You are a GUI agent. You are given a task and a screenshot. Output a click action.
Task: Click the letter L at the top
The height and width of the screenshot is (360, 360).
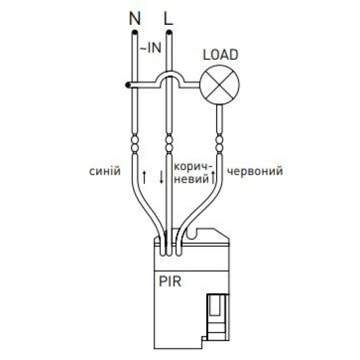(168, 18)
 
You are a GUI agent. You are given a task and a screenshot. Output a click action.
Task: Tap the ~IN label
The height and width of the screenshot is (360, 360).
(151, 48)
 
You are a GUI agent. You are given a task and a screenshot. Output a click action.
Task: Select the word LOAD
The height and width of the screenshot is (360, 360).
(221, 54)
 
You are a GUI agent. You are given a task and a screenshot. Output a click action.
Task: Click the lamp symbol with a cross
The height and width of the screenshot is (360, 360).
(220, 84)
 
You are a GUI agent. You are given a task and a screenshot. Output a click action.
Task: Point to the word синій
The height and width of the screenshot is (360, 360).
(105, 171)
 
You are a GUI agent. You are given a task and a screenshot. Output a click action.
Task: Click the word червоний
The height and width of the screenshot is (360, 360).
(255, 171)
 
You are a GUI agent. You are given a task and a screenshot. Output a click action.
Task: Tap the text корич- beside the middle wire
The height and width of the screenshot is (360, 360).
(193, 167)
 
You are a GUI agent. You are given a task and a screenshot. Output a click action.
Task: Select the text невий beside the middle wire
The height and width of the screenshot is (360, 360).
(191, 179)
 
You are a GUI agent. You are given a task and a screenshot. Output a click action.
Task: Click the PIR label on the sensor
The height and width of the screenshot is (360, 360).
(170, 281)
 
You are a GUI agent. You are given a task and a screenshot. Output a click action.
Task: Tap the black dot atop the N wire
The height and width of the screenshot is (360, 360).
(135, 32)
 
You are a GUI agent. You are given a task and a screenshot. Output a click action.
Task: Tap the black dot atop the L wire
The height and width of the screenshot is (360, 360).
(169, 32)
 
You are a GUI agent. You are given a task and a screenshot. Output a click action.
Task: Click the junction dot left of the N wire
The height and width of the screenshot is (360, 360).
(128, 85)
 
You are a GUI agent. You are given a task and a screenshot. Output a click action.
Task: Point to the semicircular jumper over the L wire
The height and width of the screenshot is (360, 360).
(170, 71)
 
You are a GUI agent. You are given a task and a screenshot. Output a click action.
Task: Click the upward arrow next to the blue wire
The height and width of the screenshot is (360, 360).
(144, 177)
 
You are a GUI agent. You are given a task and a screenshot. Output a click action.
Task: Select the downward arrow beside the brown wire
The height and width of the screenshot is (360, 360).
(162, 177)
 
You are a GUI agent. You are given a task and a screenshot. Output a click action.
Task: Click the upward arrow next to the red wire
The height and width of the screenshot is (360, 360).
(213, 177)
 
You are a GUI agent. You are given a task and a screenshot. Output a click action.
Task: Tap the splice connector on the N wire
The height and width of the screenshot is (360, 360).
(135, 143)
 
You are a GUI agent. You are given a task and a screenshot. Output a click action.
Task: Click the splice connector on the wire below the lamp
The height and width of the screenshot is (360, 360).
(219, 143)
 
